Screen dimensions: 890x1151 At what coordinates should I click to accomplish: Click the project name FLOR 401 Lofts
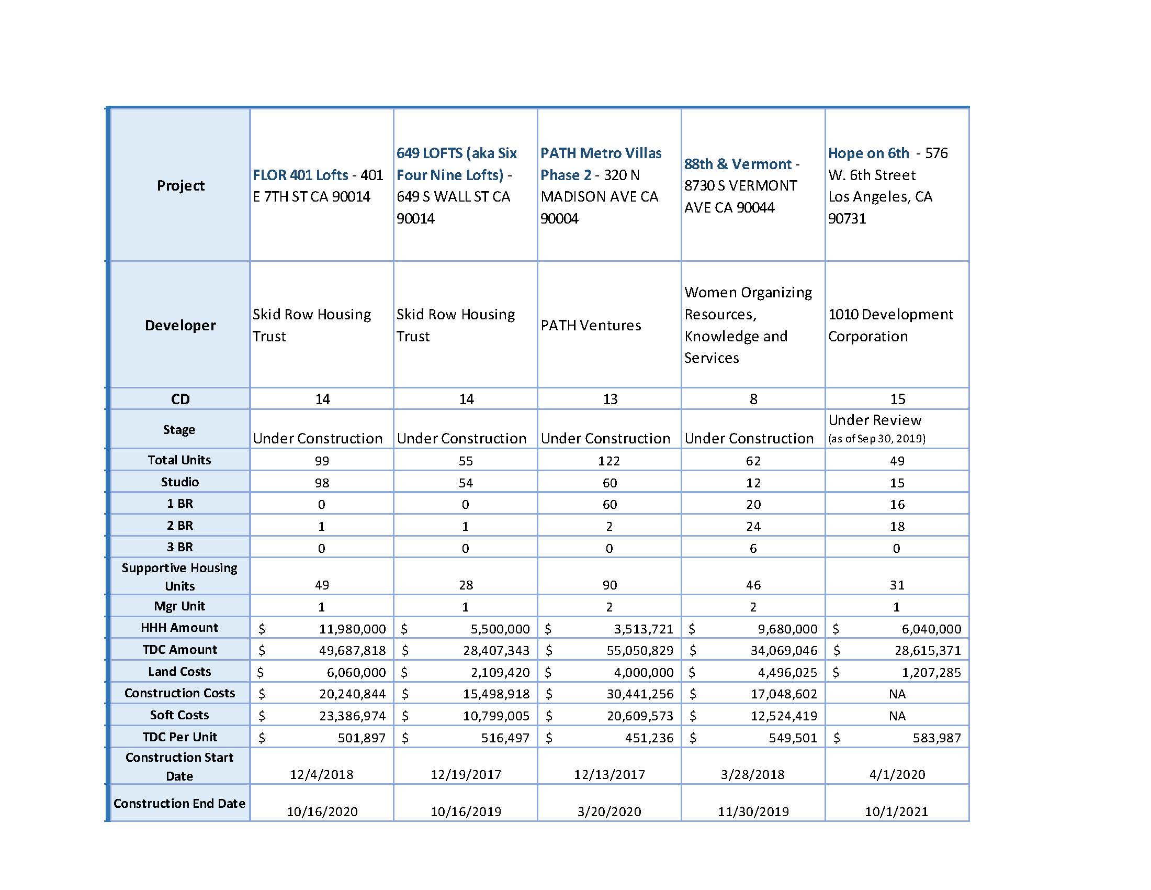pyautogui.click(x=300, y=174)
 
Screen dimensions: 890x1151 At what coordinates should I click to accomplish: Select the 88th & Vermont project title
pyautogui.click(x=738, y=164)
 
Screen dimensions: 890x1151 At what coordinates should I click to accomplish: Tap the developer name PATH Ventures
pyautogui.click(x=590, y=325)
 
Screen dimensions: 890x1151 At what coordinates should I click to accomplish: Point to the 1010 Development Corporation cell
pyautogui.click(x=890, y=325)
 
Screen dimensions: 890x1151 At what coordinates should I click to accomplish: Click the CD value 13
pyautogui.click(x=610, y=399)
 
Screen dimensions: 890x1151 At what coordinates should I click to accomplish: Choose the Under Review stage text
pyautogui.click(x=874, y=420)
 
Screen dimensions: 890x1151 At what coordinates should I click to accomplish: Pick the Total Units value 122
pyautogui.click(x=608, y=461)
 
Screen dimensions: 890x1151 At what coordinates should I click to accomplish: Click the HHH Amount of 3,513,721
pyautogui.click(x=643, y=629)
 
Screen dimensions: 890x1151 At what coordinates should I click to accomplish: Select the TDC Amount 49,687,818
pyautogui.click(x=352, y=651)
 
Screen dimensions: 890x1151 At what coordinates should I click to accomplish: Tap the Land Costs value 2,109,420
pyautogui.click(x=496, y=672)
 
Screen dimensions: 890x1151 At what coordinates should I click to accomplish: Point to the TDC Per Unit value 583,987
pyautogui.click(x=936, y=738)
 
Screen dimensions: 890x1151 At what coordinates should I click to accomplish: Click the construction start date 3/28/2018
pyautogui.click(x=752, y=774)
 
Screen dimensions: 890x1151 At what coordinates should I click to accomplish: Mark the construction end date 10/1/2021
pyautogui.click(x=896, y=811)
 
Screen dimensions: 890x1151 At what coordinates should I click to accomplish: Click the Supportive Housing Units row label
pyautogui.click(x=179, y=576)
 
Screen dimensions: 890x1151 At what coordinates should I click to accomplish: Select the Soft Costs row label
pyautogui.click(x=179, y=715)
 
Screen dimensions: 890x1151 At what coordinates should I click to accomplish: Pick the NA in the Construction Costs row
pyautogui.click(x=897, y=694)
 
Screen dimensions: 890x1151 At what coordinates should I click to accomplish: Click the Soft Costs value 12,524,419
pyautogui.click(x=784, y=716)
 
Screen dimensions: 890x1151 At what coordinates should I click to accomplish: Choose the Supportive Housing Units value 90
pyautogui.click(x=610, y=585)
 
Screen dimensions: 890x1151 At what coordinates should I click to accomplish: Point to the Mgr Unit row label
pyautogui.click(x=179, y=606)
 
